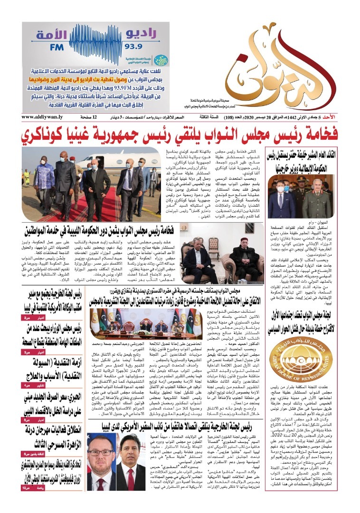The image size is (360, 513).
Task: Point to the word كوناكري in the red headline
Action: [x=51, y=134]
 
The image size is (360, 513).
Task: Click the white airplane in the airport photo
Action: [x=102, y=159]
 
